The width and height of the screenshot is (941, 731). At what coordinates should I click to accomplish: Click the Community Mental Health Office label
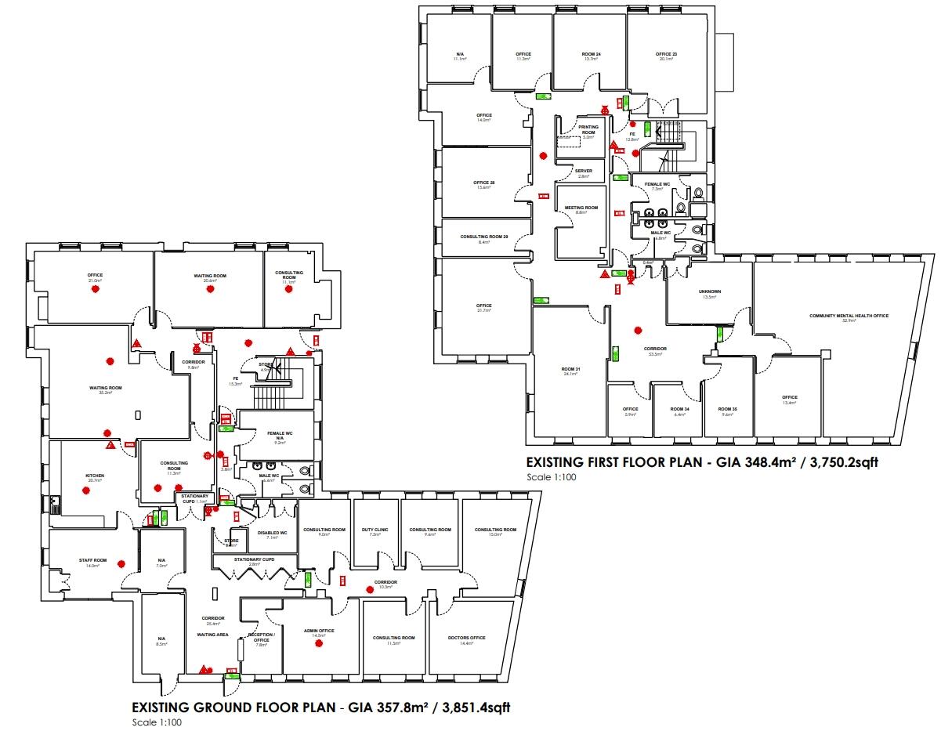[x=849, y=316]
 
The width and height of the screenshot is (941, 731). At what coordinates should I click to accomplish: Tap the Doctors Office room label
[x=467, y=638]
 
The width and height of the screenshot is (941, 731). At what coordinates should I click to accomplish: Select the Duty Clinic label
[x=375, y=530]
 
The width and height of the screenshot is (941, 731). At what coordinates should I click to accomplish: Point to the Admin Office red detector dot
[x=319, y=644]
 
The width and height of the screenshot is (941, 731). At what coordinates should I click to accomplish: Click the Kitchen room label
[x=95, y=476]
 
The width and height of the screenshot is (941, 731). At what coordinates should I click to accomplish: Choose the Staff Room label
[x=92, y=561]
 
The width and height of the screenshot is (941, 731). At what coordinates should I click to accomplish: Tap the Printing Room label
[x=588, y=129]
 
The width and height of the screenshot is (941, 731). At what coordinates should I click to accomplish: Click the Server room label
[x=583, y=171]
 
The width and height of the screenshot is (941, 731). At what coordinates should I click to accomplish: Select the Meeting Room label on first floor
[x=581, y=208]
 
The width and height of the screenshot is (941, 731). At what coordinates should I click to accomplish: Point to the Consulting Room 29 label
[x=483, y=237]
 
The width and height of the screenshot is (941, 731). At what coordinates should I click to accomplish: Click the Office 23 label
[x=666, y=54]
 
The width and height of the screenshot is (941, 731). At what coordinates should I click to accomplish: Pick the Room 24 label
[x=592, y=54]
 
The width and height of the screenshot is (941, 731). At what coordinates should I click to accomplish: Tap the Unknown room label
[x=711, y=291]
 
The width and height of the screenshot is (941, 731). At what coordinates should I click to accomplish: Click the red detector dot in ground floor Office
[x=96, y=289]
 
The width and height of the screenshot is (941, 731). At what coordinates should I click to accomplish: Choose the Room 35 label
[x=727, y=409]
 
